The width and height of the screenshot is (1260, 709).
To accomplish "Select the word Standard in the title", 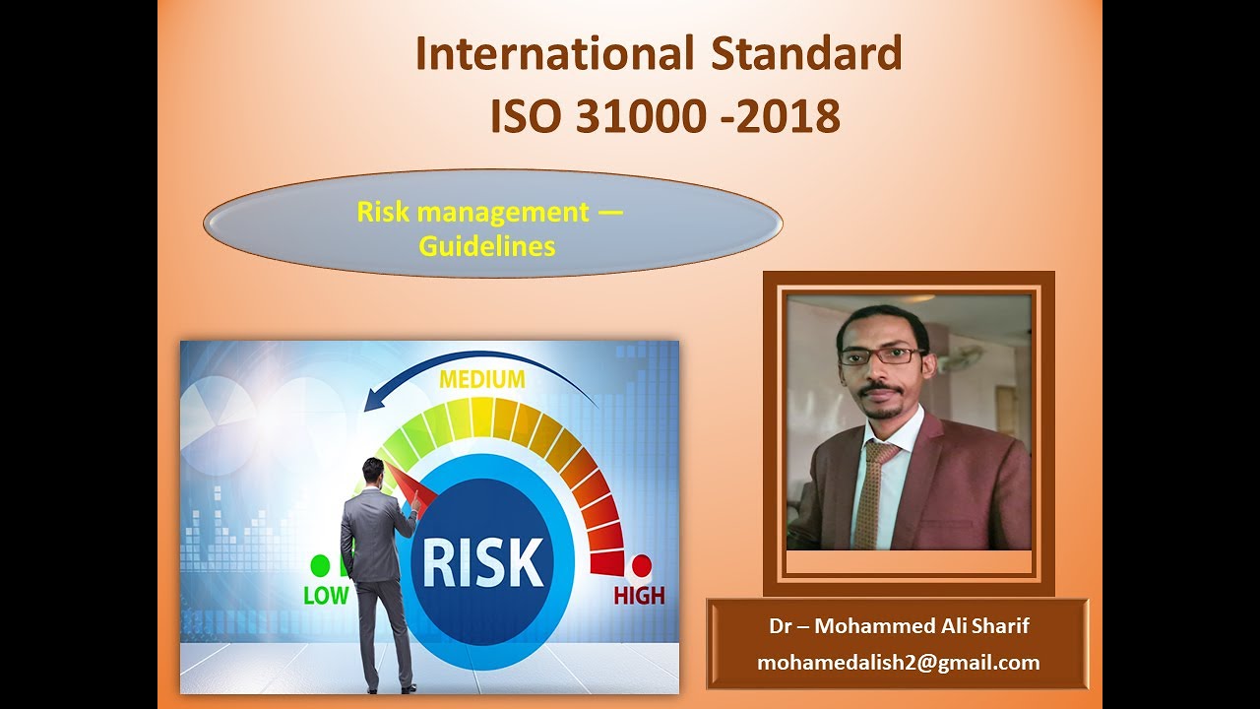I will coord(804,54).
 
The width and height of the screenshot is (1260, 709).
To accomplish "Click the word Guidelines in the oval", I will coord(487,245).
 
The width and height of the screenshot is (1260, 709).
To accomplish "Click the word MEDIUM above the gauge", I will coord(482,379).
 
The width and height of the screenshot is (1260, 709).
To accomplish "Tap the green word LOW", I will coord(326,595).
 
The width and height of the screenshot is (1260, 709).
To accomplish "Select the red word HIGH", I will coord(639,595).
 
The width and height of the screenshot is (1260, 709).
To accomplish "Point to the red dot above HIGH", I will coord(641,565).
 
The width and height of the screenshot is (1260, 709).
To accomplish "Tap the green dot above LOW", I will coord(320,565).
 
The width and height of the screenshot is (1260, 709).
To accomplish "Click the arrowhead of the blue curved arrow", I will coord(372,402).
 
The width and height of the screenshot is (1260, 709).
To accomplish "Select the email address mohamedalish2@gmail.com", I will coord(898,663).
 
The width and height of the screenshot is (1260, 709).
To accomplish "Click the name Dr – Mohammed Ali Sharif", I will coord(899,626).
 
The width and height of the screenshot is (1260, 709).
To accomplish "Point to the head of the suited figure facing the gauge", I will coord(373,471).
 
